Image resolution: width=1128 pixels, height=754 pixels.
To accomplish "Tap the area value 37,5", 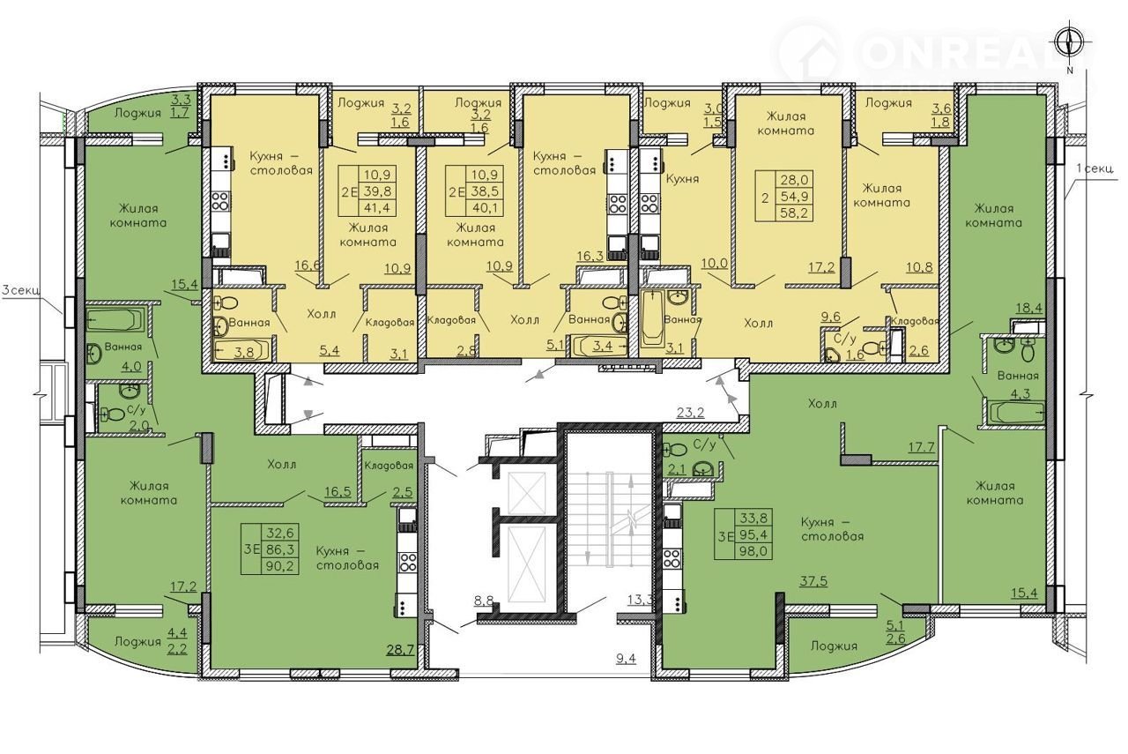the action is (813, 581).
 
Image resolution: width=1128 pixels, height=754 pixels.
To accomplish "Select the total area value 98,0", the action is (753, 551).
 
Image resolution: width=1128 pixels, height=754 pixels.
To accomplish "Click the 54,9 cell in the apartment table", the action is (795, 196).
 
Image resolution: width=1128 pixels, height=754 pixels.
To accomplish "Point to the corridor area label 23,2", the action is (690, 413).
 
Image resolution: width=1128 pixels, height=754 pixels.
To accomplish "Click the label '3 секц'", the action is (20, 290).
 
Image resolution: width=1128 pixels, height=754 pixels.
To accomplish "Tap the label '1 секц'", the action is (1094, 168).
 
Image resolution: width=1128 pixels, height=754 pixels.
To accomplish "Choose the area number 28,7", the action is (400, 650).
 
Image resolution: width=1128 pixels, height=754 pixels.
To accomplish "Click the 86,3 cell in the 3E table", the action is (283, 549).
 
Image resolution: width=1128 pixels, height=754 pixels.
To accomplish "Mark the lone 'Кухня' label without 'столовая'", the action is (682, 178).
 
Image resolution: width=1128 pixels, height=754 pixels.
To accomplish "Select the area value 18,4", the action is (1029, 307).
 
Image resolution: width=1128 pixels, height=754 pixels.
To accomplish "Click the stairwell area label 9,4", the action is (626, 658).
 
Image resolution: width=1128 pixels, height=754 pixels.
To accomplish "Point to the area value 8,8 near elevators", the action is (483, 601).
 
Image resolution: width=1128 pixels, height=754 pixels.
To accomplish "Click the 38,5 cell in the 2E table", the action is (484, 191).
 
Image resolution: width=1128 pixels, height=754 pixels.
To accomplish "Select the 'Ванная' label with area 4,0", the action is (122, 347).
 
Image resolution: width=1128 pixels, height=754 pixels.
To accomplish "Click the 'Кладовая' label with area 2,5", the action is (389, 466).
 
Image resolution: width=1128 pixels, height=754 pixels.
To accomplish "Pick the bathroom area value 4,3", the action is (1020, 393).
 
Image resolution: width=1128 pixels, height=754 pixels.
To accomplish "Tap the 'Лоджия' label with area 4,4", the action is (137, 642).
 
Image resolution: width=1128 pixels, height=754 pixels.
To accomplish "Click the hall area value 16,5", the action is (338, 491).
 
